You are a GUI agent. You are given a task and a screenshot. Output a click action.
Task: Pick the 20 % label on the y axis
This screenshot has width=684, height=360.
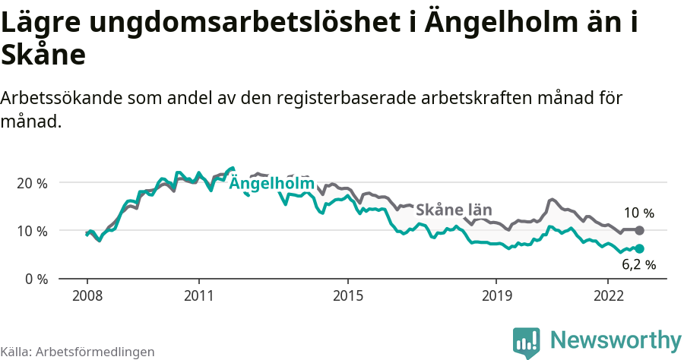32,183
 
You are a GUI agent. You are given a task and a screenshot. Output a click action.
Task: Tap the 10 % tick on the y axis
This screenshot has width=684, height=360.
32,231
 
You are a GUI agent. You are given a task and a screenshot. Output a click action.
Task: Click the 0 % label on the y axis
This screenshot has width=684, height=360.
36,279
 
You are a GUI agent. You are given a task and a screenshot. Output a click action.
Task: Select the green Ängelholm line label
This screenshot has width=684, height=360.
271,184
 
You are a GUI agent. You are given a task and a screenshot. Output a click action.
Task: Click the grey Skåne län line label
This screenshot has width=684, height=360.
454,210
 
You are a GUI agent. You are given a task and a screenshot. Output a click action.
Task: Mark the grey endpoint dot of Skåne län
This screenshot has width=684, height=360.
639,230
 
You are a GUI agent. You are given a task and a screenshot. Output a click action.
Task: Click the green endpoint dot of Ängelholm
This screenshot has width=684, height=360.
639,248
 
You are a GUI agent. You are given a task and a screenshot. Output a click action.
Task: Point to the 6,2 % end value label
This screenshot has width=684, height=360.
638,265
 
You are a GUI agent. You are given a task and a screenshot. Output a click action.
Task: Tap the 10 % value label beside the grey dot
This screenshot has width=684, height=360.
638,213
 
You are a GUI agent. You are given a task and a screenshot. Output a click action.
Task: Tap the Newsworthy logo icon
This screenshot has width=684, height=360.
526,341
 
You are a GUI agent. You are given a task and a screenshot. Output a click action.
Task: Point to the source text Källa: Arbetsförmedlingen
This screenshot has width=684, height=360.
78,352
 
